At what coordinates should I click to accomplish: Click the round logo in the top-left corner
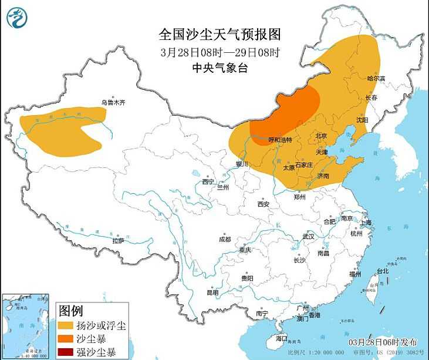pos(18,17)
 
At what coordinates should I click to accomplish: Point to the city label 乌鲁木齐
pos(113,102)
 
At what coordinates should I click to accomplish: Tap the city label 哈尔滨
pos(376,78)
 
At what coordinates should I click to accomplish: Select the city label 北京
pos(321,136)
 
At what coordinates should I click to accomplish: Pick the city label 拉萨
pos(118,241)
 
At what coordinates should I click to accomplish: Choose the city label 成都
pos(225,239)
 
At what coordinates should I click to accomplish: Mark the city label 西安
pos(263,204)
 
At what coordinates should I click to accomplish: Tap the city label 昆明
pos(212,292)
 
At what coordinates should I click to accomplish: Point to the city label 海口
pos(282,338)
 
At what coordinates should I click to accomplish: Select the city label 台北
pos(382,271)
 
